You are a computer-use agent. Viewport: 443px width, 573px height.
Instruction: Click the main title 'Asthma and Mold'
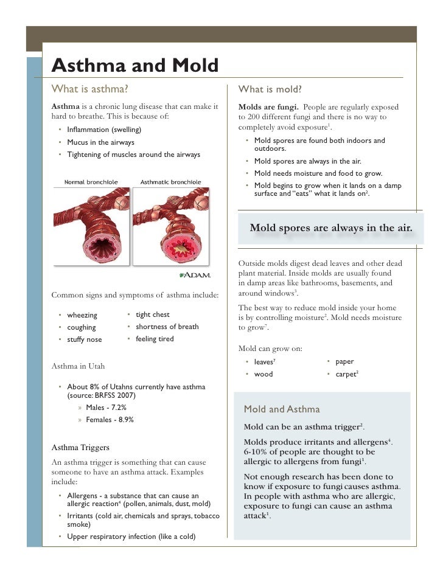point(134,65)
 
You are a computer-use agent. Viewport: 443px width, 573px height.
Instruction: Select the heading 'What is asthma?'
point(89,89)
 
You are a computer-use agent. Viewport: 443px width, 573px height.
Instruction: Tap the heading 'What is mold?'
point(270,89)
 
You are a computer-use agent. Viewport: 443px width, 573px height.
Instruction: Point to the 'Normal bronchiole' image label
point(91,182)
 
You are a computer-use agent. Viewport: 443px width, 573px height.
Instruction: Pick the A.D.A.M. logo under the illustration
point(196,275)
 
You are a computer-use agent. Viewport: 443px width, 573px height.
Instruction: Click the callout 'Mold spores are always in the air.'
point(331,228)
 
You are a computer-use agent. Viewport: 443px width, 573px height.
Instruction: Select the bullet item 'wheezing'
point(82,315)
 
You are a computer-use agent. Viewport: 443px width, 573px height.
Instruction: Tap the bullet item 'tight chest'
point(152,314)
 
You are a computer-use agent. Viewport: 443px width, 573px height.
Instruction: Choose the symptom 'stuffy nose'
point(84,339)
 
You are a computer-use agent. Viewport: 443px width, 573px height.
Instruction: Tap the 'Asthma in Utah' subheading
point(78,366)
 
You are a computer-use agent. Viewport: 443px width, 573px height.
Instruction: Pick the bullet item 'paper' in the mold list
point(344,362)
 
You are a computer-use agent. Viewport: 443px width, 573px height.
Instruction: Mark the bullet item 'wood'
point(263,374)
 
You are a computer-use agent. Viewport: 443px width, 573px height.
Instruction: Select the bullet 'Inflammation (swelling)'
point(103,130)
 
